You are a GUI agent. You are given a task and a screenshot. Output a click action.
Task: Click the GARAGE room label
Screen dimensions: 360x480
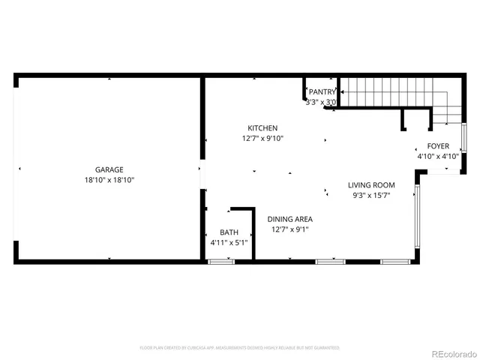tap(109, 169)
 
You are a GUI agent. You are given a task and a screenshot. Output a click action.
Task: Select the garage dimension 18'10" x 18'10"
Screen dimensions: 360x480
tap(109, 180)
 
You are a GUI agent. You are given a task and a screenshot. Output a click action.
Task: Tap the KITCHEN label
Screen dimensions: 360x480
tap(262, 128)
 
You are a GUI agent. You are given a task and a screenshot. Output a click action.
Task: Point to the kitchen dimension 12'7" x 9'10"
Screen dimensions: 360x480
tap(262, 138)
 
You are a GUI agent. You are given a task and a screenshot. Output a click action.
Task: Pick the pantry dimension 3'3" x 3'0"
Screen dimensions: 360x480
tap(321, 102)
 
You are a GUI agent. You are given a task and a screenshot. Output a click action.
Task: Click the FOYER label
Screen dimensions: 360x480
tap(438, 146)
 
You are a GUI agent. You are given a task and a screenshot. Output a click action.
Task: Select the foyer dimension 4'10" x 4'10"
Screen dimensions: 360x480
tap(438, 157)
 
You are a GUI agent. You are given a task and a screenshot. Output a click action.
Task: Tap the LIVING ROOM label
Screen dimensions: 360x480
tap(371, 185)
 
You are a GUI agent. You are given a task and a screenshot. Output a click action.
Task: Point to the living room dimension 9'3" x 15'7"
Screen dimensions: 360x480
tap(371, 196)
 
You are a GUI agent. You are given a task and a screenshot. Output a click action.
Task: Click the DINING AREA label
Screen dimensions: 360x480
tap(289, 219)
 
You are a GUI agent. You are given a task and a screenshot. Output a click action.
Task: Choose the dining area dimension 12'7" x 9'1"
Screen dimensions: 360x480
tap(289, 229)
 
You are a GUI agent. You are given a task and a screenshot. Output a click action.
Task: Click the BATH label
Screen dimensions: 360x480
tap(229, 232)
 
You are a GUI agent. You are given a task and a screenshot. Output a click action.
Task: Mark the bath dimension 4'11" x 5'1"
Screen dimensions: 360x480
tap(229, 243)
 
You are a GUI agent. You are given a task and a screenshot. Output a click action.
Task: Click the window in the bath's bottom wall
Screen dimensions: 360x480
tap(220, 261)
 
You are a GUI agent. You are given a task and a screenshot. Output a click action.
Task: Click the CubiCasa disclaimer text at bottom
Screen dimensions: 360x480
tap(240, 348)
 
